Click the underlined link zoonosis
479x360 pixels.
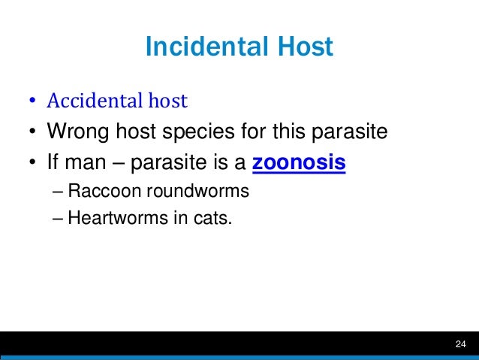(x=300, y=162)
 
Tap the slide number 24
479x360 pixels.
(x=460, y=344)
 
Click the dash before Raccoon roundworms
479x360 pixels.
(x=59, y=191)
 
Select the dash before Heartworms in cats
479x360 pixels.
(x=59, y=219)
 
